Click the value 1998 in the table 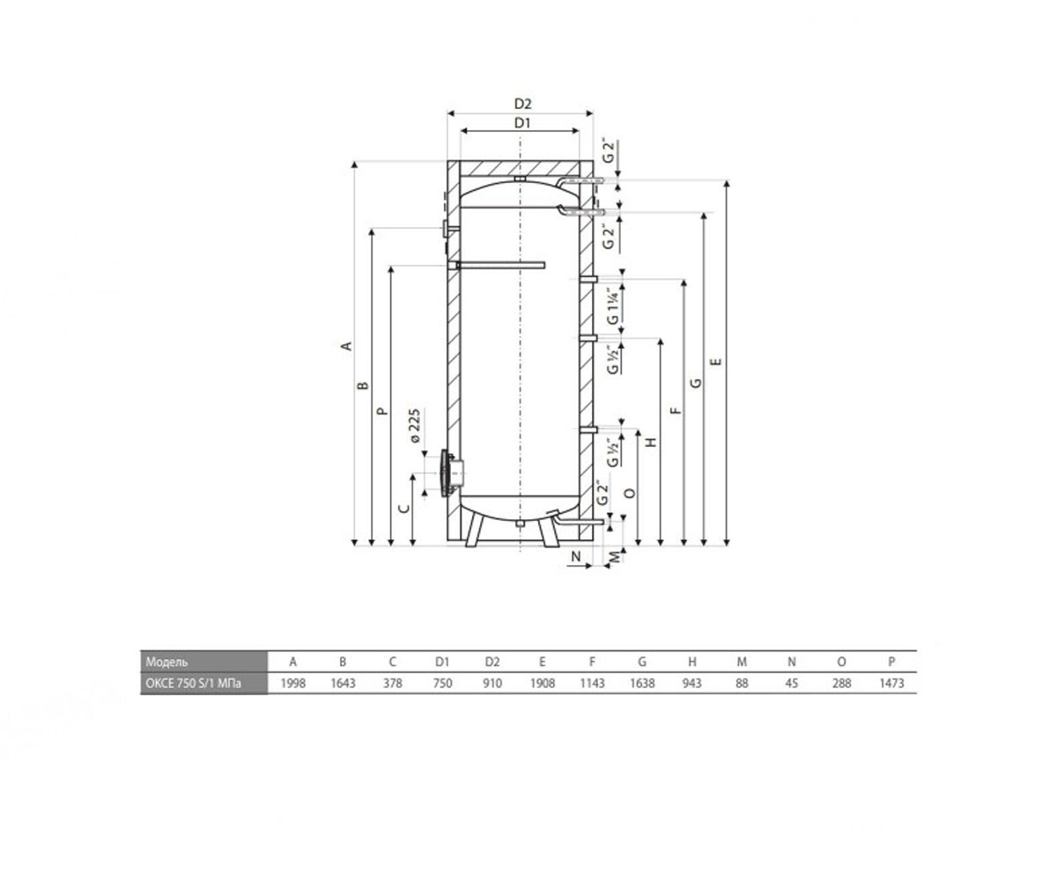click(x=293, y=683)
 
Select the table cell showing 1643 click(x=343, y=683)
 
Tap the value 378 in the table click(x=392, y=683)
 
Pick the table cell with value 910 click(x=492, y=683)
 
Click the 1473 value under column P click(x=891, y=683)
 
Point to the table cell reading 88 click(x=742, y=683)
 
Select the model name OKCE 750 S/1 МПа click(x=194, y=684)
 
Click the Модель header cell click(x=166, y=662)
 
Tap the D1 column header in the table click(x=442, y=662)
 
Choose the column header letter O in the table click(x=841, y=662)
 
